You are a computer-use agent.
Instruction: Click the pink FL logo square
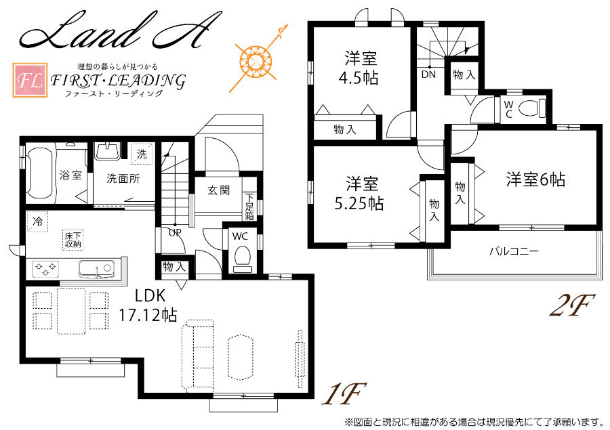30,80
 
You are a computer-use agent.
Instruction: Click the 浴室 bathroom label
70,175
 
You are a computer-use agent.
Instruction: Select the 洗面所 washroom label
123,179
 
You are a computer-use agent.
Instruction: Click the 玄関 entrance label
218,190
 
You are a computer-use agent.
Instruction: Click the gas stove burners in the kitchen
45,269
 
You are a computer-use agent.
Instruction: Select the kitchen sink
96,269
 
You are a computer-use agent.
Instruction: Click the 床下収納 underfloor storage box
73,240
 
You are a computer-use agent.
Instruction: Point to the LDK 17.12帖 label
148,305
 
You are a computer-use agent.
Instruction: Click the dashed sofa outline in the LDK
198,356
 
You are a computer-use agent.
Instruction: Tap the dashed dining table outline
71,311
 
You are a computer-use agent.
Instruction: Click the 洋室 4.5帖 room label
359,68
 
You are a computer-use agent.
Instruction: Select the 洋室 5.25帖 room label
359,193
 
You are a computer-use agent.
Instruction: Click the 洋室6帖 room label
535,179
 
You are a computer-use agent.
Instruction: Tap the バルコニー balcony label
514,251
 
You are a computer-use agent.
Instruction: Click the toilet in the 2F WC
532,108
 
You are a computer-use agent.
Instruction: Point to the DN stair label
428,74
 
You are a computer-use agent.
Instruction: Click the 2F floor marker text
572,305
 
